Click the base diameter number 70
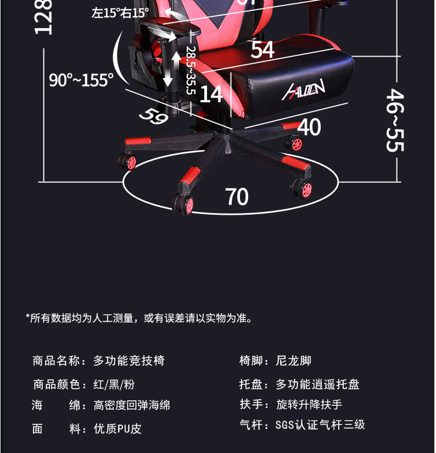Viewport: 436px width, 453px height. [237, 197]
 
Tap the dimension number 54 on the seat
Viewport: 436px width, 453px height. [262, 50]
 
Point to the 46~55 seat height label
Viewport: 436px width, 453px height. [395, 120]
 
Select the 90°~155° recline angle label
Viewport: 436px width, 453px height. [81, 80]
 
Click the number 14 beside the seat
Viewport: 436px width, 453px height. [211, 94]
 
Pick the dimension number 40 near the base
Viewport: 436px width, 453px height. [309, 127]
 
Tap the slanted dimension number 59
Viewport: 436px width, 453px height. [153, 115]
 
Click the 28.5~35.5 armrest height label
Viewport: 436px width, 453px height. [191, 70]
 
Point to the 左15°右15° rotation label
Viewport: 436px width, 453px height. [120, 13]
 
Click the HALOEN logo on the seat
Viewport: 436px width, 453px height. [304, 89]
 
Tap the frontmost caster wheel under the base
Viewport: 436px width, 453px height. [183, 204]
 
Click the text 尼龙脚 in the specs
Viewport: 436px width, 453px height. [293, 361]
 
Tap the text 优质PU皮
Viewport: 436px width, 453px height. [118, 429]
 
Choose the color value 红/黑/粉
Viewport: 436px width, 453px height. [114, 384]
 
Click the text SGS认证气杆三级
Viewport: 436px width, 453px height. [320, 424]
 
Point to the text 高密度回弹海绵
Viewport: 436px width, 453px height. [132, 405]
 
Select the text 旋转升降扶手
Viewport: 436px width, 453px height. [309, 405]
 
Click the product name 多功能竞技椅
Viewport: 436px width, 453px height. [129, 361]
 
